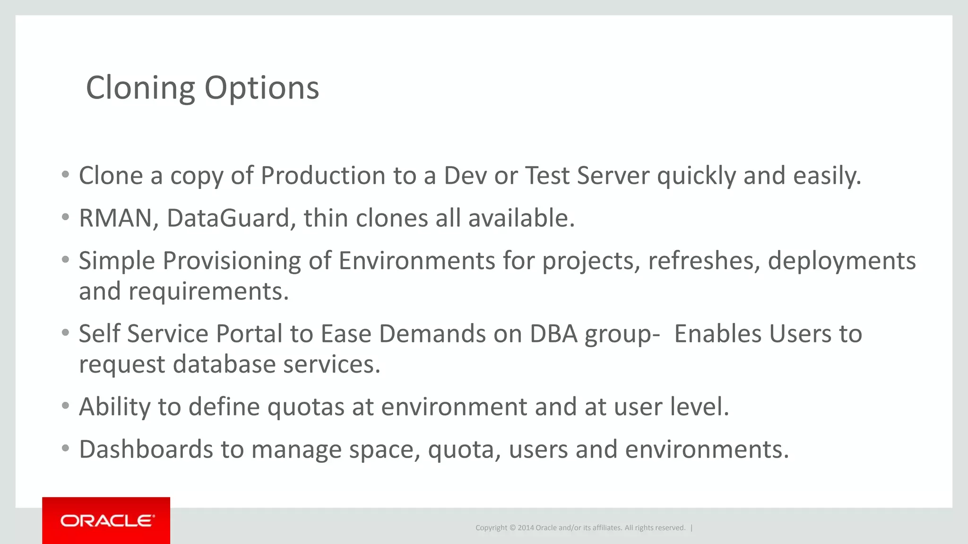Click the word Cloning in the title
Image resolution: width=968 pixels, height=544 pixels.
[x=140, y=88]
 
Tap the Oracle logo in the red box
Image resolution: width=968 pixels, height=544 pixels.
[x=107, y=521]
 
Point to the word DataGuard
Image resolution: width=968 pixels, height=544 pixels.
[x=231, y=218]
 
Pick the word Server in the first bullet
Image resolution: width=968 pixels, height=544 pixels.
[x=613, y=176]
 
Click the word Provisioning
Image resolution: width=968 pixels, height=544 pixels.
[x=232, y=261]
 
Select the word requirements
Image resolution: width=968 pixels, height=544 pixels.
[x=208, y=291]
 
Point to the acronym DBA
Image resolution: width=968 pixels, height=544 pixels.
[x=553, y=334]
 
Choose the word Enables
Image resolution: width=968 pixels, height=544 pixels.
[x=717, y=334]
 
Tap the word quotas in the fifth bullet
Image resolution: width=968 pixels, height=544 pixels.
[x=306, y=407]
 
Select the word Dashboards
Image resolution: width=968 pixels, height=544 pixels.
[x=146, y=449]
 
